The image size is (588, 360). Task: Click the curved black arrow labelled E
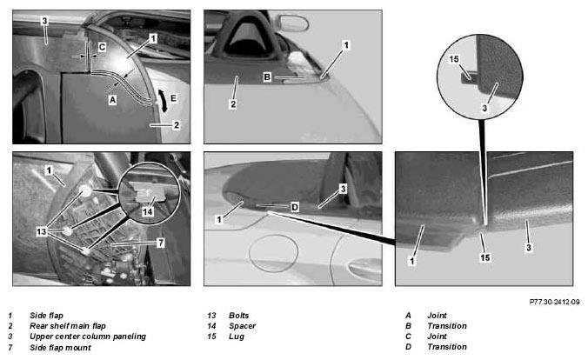tap(163, 101)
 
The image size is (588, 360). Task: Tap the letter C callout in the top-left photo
tap(102, 47)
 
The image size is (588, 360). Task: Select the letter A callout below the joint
tap(112, 100)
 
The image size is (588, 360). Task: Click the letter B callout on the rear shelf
tap(267, 77)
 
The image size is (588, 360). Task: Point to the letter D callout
tap(295, 207)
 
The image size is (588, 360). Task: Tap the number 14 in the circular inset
tap(147, 211)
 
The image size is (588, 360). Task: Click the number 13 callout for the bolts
tap(42, 232)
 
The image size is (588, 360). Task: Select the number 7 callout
tap(161, 243)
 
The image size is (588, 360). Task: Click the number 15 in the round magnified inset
tap(454, 59)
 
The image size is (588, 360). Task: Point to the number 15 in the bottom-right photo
tap(485, 257)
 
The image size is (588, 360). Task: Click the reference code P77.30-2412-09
tap(555, 302)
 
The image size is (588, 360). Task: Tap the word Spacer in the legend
tap(243, 326)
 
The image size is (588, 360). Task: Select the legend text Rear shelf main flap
tap(68, 326)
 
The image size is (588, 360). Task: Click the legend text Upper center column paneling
tap(88, 337)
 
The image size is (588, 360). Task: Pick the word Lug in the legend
tap(237, 337)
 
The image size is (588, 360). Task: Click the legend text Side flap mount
tap(60, 348)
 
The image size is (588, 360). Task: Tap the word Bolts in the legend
tap(239, 316)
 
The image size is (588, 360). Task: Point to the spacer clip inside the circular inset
tap(147, 195)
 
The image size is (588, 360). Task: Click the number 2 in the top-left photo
tap(177, 125)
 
